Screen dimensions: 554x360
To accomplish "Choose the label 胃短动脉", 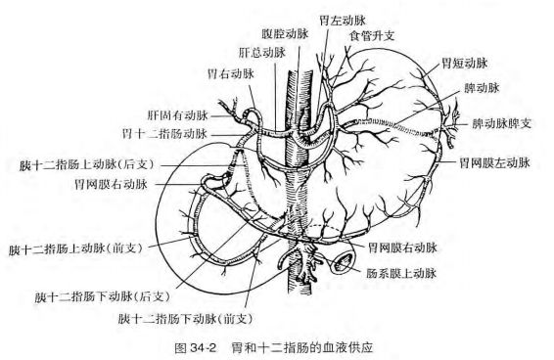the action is [464, 63].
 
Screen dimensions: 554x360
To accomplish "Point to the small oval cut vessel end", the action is [344, 262].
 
